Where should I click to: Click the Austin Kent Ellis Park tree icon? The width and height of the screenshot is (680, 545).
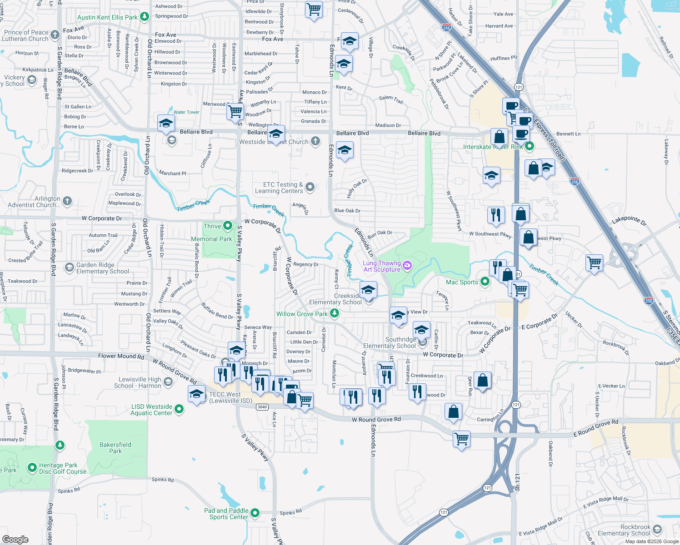pos(145,17)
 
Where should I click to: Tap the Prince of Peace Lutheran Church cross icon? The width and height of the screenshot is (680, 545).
pos(55,35)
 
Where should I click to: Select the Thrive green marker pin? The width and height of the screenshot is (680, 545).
pos(228,226)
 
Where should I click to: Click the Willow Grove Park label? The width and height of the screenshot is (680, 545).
pos(302,314)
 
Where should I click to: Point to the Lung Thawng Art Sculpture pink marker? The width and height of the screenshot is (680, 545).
pos(407,266)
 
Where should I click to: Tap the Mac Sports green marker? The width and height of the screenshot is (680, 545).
pos(485,282)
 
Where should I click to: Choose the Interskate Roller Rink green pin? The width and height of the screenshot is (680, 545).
pos(529,146)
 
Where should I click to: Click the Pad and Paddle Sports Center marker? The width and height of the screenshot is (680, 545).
pos(255,513)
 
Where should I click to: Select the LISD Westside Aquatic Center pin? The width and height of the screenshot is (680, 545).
pos(179,409)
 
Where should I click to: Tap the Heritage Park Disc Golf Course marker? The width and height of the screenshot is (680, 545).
pos(32,467)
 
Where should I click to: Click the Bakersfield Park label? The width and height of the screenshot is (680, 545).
pos(115,448)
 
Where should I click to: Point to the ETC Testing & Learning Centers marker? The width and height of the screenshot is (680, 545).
pos(310,187)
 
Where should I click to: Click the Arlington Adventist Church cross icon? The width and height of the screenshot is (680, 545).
pos(67,201)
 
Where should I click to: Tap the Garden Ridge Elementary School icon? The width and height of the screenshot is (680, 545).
pos(69,268)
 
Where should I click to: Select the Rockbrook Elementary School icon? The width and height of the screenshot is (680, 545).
pos(657,530)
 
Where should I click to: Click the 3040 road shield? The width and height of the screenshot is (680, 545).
pos(262,407)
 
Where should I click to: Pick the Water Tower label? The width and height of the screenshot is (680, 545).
pos(186,112)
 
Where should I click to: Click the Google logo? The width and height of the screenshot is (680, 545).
pos(15,539)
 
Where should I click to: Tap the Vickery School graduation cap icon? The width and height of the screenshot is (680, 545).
pos(32,80)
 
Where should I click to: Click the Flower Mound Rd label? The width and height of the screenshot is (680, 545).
pos(121,356)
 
